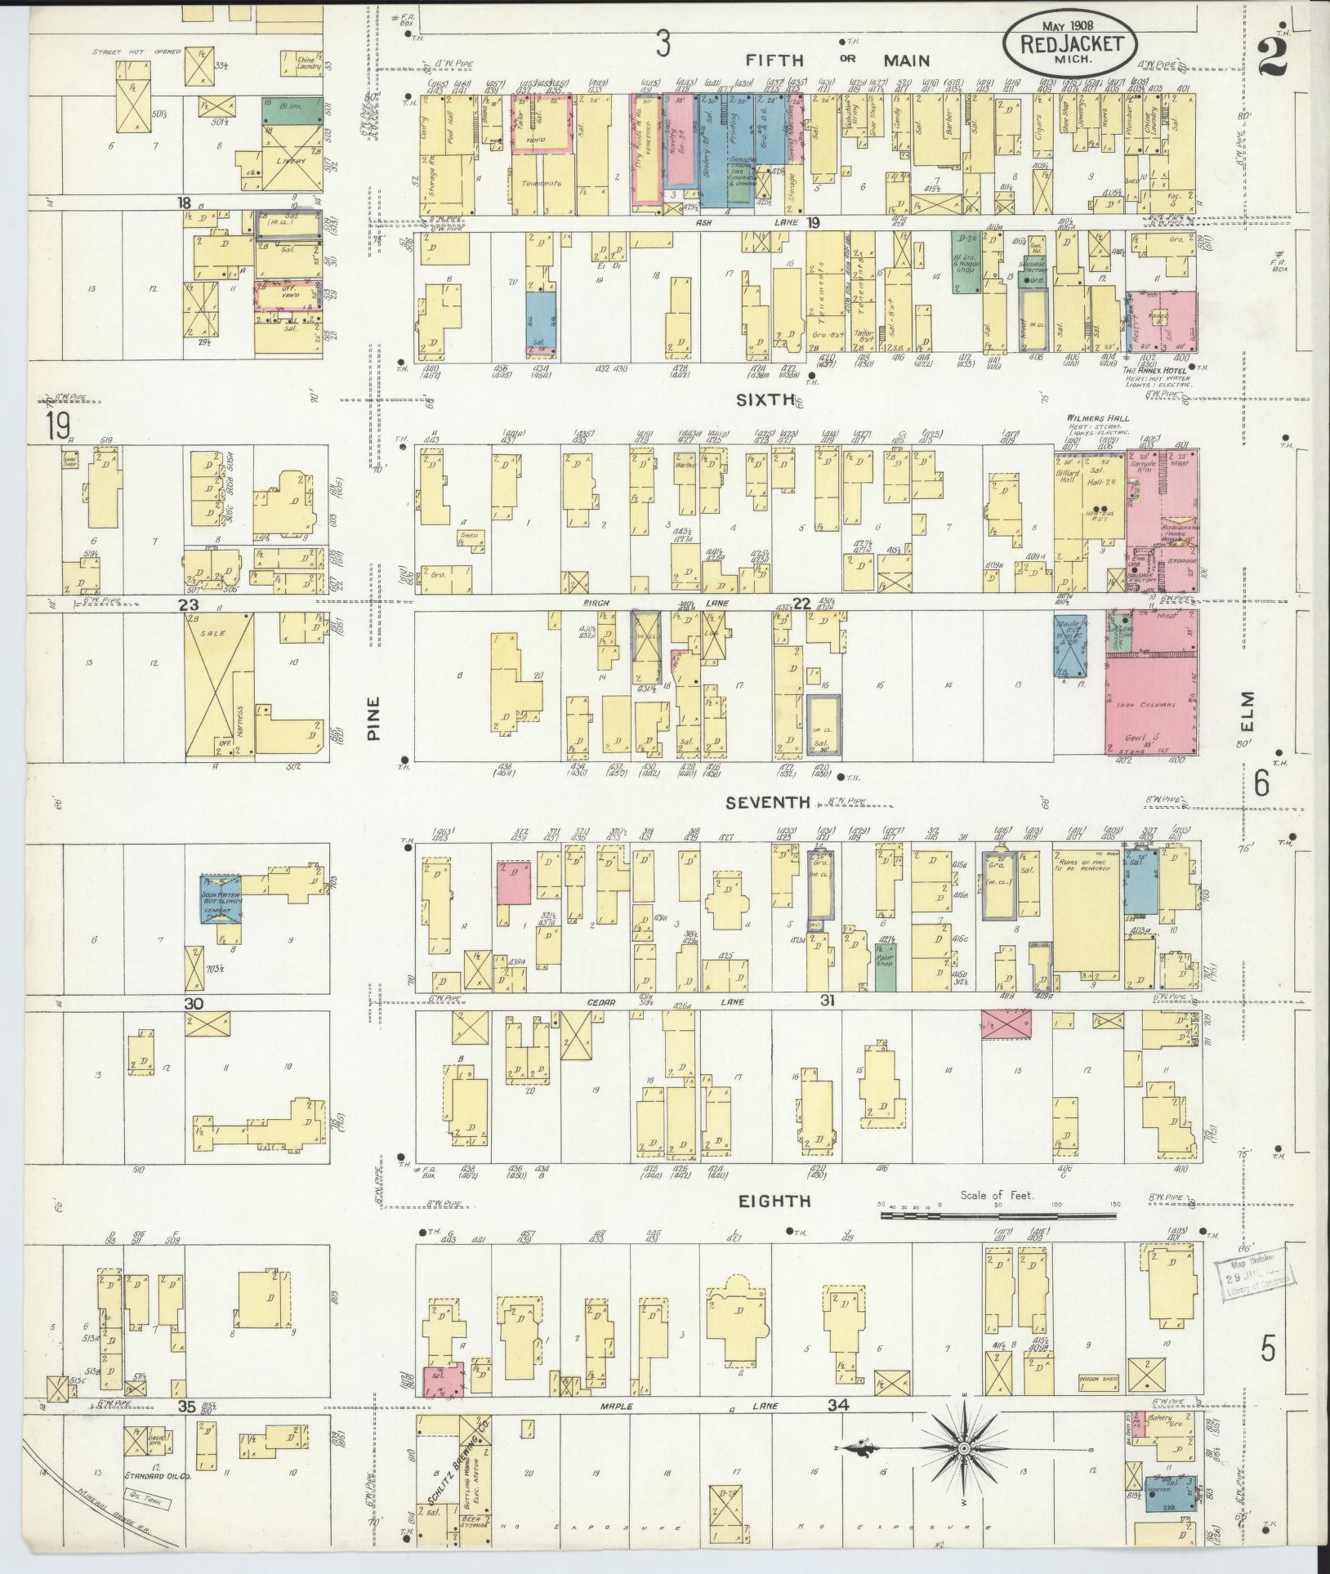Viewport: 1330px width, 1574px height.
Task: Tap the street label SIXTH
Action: tap(765, 399)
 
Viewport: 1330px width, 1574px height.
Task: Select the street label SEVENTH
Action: tap(768, 803)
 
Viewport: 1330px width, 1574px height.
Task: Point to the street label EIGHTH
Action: tap(774, 1200)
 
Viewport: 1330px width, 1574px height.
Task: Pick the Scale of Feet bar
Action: tap(997, 1215)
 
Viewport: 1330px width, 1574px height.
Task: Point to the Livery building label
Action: tap(291, 160)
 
